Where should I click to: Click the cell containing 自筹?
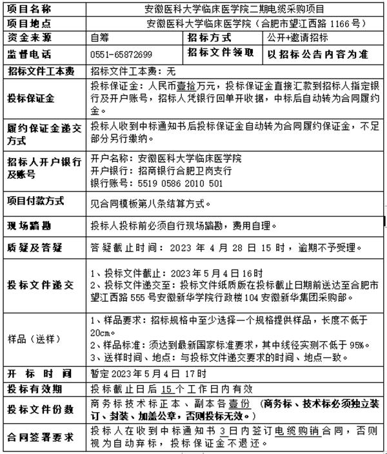100,37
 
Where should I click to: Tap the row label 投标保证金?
30,99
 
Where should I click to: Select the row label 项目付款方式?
35,201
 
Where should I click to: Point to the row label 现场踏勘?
29,226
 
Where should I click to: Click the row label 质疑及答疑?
35,248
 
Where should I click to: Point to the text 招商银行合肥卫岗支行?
171,170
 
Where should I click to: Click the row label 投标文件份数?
38,410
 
